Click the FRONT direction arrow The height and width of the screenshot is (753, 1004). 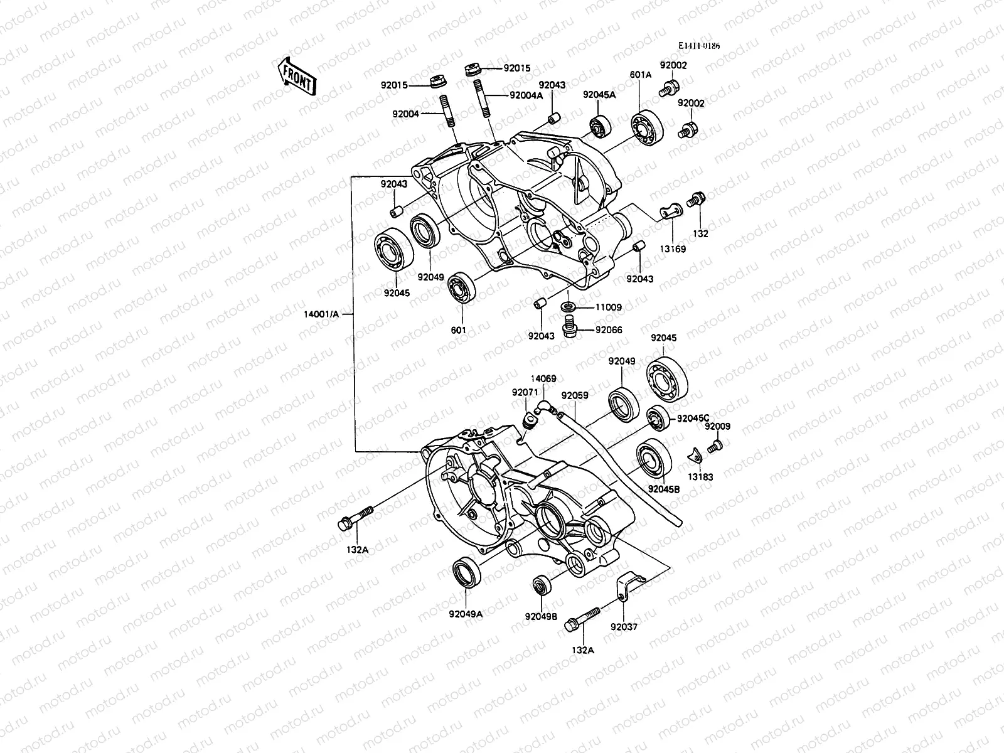pos(297,77)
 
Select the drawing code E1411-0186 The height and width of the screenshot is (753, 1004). pos(698,46)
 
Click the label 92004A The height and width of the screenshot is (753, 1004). pos(526,95)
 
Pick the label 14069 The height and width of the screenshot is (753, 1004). pos(543,379)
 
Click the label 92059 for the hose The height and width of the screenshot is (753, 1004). pos(575,396)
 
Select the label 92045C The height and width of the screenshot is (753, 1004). pos(692,419)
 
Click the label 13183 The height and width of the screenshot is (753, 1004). pos(700,477)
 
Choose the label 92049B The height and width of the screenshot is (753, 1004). pos(541,616)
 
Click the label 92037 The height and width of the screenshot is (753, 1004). pos(624,626)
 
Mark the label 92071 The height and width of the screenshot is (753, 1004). pos(525,392)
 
